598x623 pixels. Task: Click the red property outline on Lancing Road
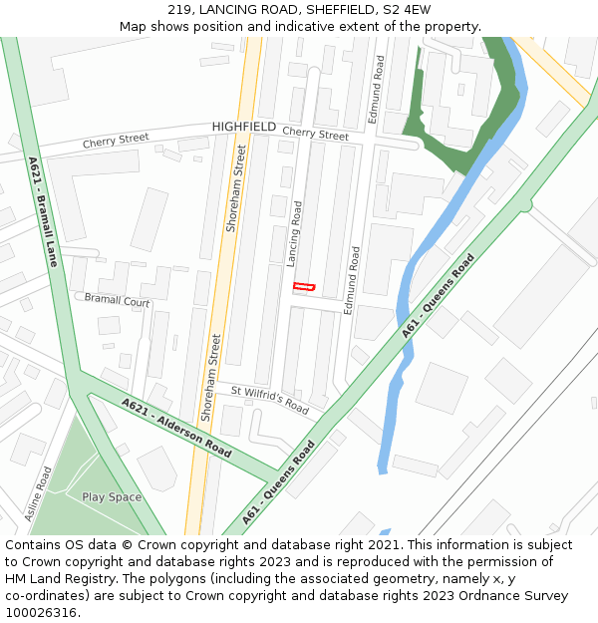click(304, 287)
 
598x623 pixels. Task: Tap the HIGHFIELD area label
click(244, 128)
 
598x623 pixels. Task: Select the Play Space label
click(112, 497)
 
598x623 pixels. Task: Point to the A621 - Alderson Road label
click(177, 428)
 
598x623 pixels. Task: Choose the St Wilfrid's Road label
click(270, 399)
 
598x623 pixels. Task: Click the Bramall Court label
click(117, 300)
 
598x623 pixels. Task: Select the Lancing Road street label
click(294, 233)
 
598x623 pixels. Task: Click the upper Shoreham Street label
click(236, 188)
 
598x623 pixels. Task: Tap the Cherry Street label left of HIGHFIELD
click(116, 142)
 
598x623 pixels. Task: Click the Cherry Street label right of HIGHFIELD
click(315, 134)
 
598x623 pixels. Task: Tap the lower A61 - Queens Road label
click(279, 483)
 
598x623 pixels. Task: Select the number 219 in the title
click(179, 10)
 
